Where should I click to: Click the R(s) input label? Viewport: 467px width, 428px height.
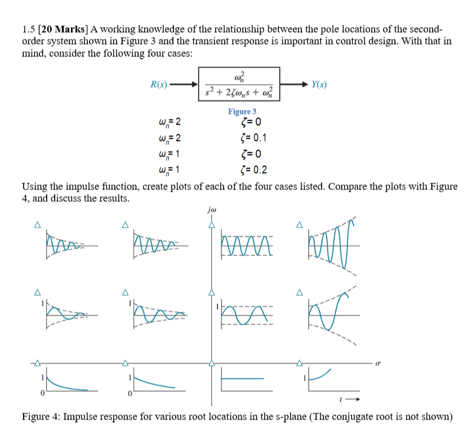click(x=159, y=85)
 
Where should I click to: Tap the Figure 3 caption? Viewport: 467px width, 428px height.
click(x=242, y=112)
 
